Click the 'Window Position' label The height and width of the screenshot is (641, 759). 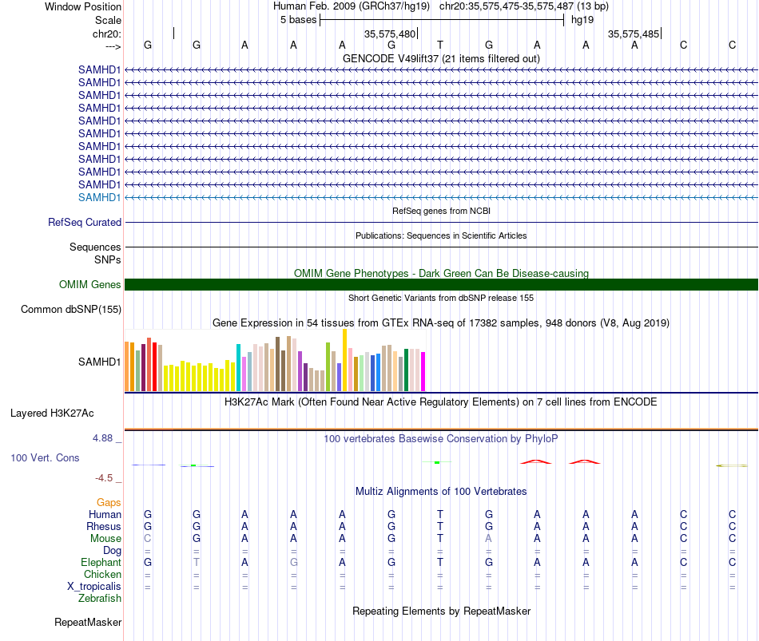[83, 6]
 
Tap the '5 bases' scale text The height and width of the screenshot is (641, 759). [298, 20]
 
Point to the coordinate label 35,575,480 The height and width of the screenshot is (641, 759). [390, 34]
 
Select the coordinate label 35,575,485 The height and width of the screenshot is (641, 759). [633, 34]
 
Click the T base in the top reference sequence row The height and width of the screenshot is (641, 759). [440, 45]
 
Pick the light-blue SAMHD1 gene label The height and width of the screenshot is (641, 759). [99, 197]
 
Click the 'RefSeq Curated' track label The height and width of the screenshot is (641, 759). [85, 222]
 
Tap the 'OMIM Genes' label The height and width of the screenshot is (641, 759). [90, 284]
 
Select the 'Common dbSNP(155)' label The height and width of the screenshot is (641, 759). [71, 309]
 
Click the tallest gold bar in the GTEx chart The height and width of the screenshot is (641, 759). [344, 360]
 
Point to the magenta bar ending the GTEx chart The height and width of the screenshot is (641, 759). [423, 371]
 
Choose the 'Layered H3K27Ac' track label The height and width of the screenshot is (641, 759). [52, 413]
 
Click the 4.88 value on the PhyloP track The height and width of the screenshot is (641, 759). [102, 437]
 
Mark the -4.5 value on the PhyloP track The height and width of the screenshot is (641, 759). [104, 478]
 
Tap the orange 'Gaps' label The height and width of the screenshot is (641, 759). [109, 502]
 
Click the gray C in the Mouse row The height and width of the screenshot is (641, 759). [148, 539]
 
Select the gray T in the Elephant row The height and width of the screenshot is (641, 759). [197, 562]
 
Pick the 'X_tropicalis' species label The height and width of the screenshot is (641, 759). [94, 587]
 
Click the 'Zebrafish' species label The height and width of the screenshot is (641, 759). [100, 599]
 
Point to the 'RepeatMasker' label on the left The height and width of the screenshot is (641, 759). [88, 622]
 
